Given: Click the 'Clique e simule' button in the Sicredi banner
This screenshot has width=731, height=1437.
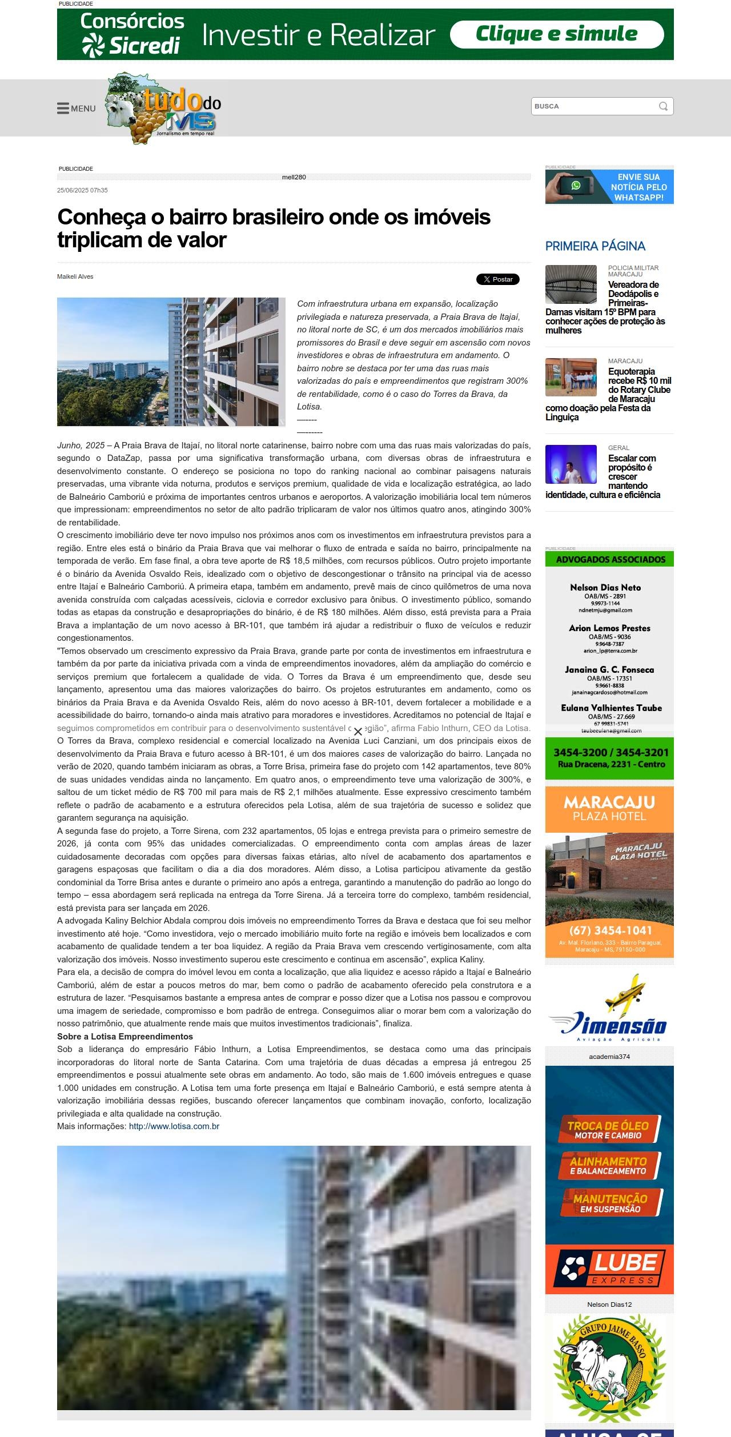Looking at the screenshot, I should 556,34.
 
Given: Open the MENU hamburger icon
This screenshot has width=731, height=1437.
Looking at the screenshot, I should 63,108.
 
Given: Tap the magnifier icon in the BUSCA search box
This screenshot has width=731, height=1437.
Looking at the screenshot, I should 663,106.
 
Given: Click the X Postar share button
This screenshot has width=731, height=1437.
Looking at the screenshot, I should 497,279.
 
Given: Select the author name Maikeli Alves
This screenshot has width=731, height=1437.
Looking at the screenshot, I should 75,276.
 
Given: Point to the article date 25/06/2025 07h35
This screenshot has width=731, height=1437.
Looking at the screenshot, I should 82,190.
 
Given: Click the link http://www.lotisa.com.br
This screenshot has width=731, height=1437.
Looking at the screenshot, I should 174,1126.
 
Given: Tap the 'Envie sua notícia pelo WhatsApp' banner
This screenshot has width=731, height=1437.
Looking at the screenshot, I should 609,187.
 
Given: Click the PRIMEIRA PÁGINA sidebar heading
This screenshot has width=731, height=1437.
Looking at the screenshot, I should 595,246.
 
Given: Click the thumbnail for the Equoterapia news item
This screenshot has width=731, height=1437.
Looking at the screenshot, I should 571,377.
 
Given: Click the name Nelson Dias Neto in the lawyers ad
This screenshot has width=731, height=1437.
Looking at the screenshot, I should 605,587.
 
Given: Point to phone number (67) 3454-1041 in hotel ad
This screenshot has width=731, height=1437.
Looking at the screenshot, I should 610,930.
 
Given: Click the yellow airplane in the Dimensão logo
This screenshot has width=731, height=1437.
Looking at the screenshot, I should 626,991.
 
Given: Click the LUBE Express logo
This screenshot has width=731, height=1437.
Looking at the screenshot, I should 609,1269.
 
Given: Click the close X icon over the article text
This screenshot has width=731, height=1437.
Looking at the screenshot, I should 358,732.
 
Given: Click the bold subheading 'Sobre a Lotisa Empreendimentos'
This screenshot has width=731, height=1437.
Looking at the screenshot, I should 125,1036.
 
